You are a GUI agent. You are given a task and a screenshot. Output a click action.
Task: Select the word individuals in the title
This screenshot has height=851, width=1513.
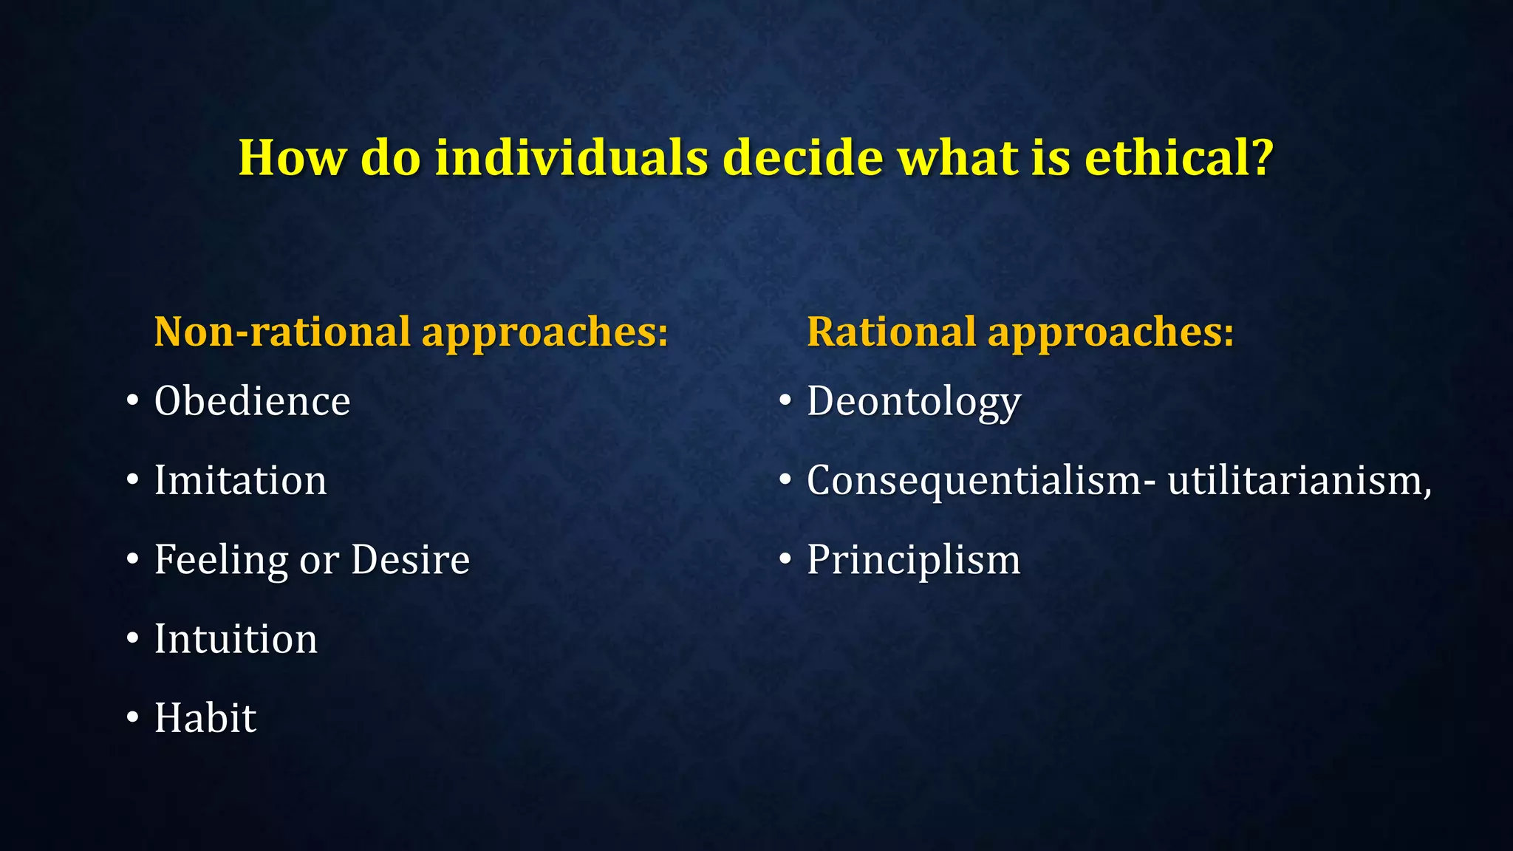571,157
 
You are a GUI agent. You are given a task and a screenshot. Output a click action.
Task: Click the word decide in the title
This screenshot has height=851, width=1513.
802,157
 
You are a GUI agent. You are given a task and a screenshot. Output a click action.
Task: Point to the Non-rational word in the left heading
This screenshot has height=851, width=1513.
281,332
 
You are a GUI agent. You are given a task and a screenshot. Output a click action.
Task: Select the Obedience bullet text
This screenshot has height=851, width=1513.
252,402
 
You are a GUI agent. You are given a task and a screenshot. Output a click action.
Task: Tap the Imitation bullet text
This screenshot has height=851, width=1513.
240,481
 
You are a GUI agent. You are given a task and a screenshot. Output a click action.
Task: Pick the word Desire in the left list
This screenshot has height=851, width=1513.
410,560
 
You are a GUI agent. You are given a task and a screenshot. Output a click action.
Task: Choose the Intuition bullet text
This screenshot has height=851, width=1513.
236,639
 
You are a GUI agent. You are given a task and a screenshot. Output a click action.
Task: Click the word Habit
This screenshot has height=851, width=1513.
205,718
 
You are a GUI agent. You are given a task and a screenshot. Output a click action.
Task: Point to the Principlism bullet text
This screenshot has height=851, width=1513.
913,561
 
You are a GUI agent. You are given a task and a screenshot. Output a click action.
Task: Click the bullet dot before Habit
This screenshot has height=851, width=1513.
132,717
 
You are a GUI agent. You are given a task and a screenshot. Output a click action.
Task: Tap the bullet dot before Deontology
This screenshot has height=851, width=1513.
785,401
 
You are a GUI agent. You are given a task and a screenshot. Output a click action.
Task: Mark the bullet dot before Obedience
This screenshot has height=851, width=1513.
132,401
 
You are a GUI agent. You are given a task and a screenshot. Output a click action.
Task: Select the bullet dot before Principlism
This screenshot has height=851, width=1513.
785,559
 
